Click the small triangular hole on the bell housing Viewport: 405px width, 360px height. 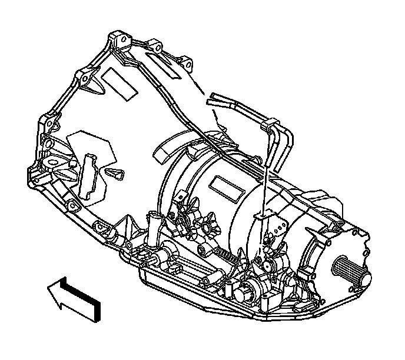coord(116,173)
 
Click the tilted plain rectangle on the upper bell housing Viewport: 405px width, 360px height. coord(118,82)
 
